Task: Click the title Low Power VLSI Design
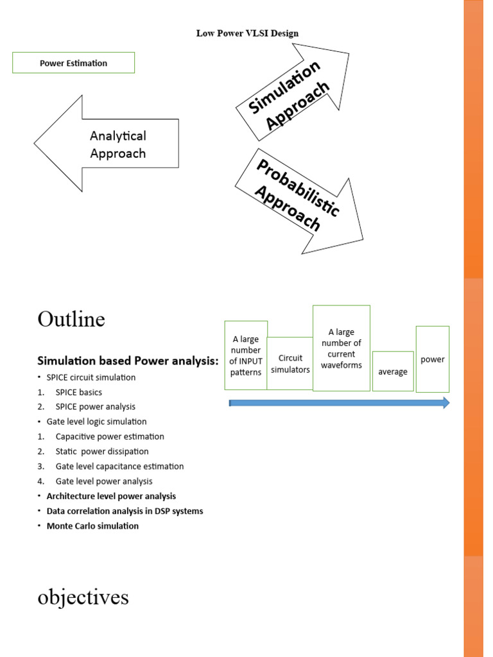click(x=247, y=33)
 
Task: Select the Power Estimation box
click(x=73, y=63)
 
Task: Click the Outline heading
click(x=71, y=319)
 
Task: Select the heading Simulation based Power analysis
click(x=128, y=361)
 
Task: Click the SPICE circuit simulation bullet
click(x=91, y=377)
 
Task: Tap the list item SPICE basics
click(x=78, y=392)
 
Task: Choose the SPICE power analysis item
click(x=95, y=407)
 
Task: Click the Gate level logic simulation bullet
click(x=96, y=422)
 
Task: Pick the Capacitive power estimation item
click(x=110, y=436)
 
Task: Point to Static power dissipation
click(x=101, y=451)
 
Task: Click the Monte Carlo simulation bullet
click(x=92, y=525)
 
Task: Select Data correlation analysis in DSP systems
click(x=125, y=511)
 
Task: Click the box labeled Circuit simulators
click(x=290, y=364)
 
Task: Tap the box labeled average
click(x=393, y=371)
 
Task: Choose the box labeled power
click(x=433, y=359)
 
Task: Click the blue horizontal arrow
click(x=339, y=403)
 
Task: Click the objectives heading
click(x=83, y=597)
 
